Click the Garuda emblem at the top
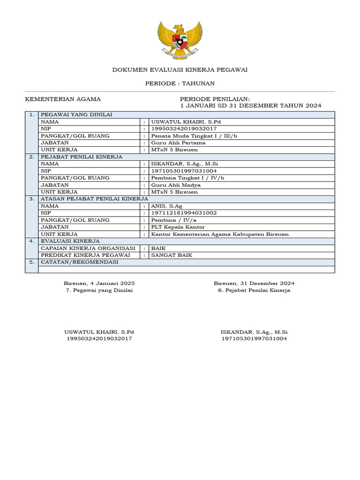(x=180, y=40)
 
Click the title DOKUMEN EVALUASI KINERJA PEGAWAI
(x=180, y=70)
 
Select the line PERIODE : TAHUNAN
(x=180, y=83)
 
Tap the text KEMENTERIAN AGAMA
(x=63, y=99)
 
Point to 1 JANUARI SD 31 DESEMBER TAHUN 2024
(x=251, y=105)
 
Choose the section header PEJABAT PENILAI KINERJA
(x=82, y=157)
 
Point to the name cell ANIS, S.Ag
(x=166, y=206)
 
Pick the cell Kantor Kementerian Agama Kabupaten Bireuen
(x=219, y=234)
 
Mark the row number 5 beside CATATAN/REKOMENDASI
(x=31, y=262)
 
